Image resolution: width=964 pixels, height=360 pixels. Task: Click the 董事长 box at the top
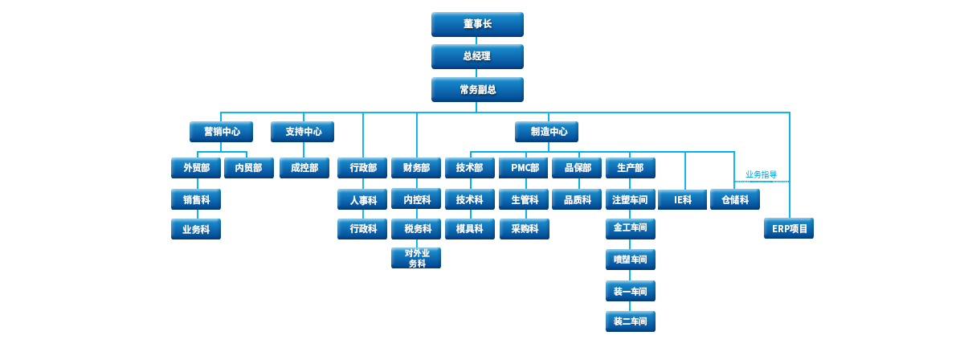point(477,24)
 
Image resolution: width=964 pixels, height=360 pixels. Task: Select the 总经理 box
point(477,56)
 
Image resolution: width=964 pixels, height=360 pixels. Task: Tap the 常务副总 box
point(477,89)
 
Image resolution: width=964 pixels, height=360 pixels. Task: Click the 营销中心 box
point(221,132)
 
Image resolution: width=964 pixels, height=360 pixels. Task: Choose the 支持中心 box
point(302,132)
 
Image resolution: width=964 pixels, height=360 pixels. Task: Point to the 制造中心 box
point(546,132)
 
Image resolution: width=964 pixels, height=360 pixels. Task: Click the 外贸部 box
point(196,168)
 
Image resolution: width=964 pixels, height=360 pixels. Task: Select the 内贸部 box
point(249,168)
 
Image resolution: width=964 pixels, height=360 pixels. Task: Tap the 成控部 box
point(304,168)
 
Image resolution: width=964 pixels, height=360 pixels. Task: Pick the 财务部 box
point(416,168)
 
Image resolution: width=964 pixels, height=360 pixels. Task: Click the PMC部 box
point(524,168)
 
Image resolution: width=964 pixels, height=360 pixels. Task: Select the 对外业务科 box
point(416,258)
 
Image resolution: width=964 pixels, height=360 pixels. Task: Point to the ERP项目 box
point(789,228)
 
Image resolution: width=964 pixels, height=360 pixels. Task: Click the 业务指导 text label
point(761,174)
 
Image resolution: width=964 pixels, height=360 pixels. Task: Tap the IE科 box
point(683,199)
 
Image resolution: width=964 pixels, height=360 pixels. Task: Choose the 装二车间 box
point(631,321)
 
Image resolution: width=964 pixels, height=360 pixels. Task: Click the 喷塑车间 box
point(631,260)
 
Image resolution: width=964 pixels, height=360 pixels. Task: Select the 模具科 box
point(470,229)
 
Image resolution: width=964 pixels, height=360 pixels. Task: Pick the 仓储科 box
point(735,199)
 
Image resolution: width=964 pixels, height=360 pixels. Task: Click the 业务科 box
point(196,229)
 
